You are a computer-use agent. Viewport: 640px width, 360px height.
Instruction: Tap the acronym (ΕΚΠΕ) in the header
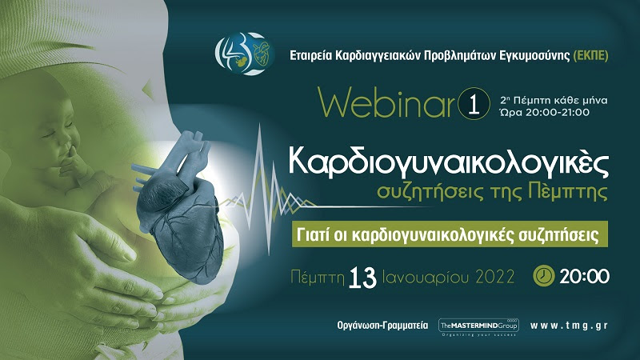pyautogui.click(x=591, y=55)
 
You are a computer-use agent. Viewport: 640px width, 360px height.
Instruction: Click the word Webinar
pyautogui.click(x=386, y=102)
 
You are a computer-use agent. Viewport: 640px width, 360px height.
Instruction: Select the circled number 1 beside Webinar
pyautogui.click(x=474, y=103)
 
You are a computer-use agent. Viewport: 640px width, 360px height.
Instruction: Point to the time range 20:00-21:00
pyautogui.click(x=557, y=113)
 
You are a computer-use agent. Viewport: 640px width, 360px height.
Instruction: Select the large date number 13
pyautogui.click(x=363, y=278)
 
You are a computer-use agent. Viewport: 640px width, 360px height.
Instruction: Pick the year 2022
pyautogui.click(x=494, y=278)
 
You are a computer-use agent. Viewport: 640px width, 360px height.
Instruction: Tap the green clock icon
pyautogui.click(x=544, y=275)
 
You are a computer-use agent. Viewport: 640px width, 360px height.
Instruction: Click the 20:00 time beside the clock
pyautogui.click(x=584, y=276)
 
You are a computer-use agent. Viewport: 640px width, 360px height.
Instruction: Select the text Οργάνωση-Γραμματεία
pyautogui.click(x=382, y=326)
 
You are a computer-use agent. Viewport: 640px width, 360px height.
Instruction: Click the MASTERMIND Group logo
pyautogui.click(x=478, y=327)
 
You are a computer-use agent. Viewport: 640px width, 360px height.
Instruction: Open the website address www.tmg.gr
pyautogui.click(x=569, y=326)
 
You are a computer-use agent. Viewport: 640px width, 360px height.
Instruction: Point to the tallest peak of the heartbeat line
pyautogui.click(x=259, y=126)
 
